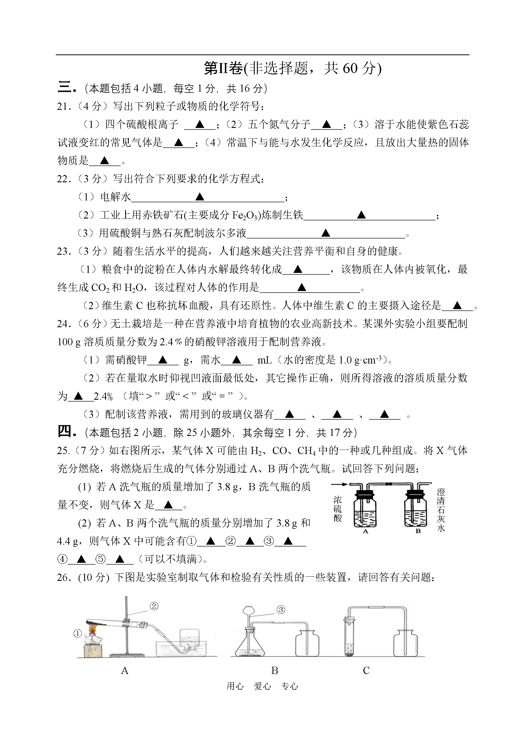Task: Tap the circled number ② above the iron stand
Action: pyautogui.click(x=154, y=606)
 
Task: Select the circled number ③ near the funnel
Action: pyautogui.click(x=281, y=610)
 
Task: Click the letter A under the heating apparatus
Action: pyautogui.click(x=125, y=671)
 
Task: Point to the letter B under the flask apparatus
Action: pyautogui.click(x=274, y=671)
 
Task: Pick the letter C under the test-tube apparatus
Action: pyautogui.click(x=366, y=671)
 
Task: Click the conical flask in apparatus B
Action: pyautogui.click(x=250, y=643)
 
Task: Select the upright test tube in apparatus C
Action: pyautogui.click(x=349, y=637)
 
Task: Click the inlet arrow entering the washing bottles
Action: pyautogui.click(x=339, y=484)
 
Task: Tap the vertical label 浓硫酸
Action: pyautogui.click(x=337, y=509)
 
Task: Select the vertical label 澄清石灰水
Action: pyautogui.click(x=441, y=510)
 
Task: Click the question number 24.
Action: pyautogui.click(x=64, y=324)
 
